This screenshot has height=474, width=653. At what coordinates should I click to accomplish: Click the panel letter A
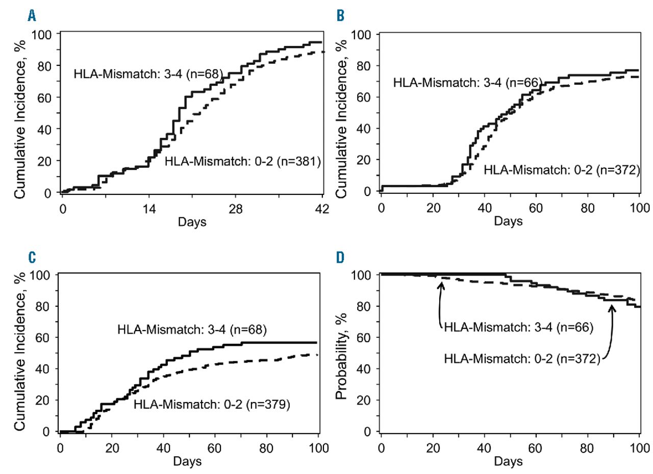[32, 16]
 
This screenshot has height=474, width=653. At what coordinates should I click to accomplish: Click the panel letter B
[340, 16]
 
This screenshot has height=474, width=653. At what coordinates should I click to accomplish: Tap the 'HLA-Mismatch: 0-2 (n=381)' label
[242, 162]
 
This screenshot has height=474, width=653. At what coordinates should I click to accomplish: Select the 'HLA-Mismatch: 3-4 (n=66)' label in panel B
[468, 82]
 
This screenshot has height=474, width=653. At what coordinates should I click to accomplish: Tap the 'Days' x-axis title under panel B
[508, 222]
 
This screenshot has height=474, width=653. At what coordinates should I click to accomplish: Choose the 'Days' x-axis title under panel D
[508, 461]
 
